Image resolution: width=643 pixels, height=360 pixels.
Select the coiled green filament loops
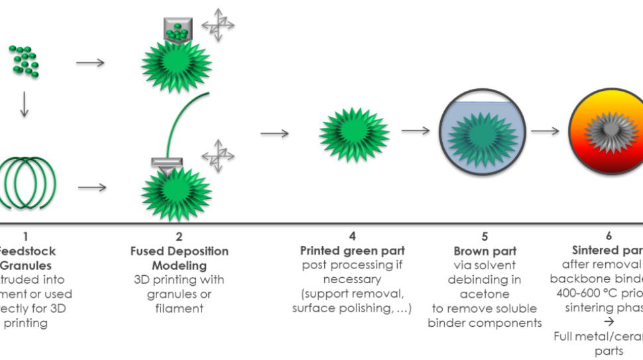(28, 182)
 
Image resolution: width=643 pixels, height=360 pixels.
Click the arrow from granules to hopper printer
(91, 63)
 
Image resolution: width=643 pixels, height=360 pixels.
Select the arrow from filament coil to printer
(92, 188)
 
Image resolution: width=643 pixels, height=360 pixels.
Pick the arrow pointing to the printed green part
(274, 134)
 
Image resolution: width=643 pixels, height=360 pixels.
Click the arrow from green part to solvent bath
(415, 131)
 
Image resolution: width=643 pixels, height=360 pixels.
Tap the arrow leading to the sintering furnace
(545, 131)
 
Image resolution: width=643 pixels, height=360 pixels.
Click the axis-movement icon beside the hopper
(219, 24)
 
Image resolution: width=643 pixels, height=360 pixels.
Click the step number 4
(352, 236)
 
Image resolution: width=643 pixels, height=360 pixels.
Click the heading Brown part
(485, 251)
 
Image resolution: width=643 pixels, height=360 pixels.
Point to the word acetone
(485, 294)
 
